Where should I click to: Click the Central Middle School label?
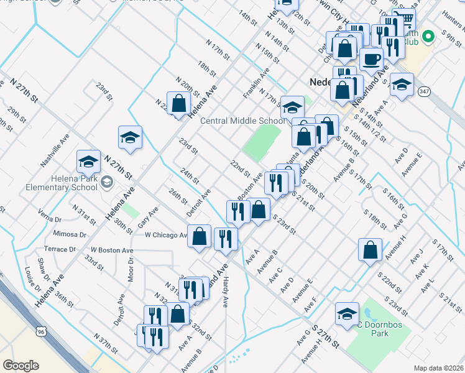[242, 121]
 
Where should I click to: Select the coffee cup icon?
[371, 60]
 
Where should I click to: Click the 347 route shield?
[424, 91]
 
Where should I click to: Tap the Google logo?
[21, 366]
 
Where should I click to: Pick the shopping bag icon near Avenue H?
[370, 250]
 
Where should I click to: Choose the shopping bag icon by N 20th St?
[178, 104]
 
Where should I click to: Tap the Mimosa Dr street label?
[70, 234]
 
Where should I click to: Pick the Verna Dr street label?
[50, 219]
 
